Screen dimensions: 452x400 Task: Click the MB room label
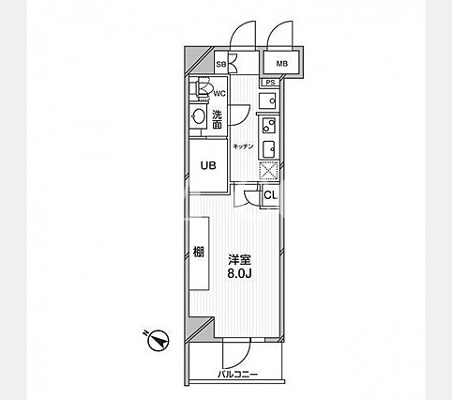[x=281, y=64]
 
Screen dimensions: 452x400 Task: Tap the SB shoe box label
[x=221, y=65]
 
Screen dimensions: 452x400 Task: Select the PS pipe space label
[x=271, y=83]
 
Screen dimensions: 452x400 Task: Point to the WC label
[x=219, y=93]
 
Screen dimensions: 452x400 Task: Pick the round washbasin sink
[x=198, y=116]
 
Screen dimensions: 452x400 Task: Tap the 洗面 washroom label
[x=218, y=119]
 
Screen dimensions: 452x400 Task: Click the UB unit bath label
[x=208, y=165]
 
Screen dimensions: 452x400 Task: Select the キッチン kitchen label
[x=243, y=146]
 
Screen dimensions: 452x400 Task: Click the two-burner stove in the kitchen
[x=269, y=125]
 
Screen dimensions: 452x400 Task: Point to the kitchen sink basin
[x=268, y=149]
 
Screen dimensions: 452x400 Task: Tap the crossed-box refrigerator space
[x=269, y=171]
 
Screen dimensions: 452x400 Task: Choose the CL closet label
[x=271, y=195]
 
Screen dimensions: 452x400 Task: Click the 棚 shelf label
[x=199, y=252]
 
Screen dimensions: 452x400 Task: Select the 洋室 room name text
[x=239, y=260]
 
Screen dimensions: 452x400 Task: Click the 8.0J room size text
[x=239, y=274]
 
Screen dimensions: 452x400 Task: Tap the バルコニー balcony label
[x=237, y=374]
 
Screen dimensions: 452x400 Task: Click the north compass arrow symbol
[x=158, y=340]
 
